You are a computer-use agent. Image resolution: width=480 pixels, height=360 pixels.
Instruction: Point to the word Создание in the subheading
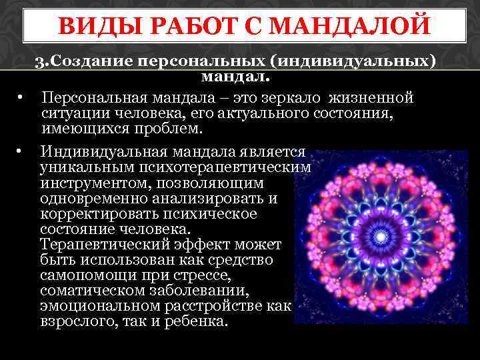pos(93,62)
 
